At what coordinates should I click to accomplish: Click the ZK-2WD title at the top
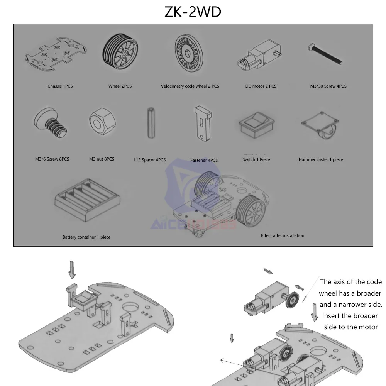coord(193,12)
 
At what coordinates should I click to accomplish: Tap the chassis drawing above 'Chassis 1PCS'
coord(56,54)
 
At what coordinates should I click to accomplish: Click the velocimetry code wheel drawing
coord(189,53)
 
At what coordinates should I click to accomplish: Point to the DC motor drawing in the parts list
coord(259,55)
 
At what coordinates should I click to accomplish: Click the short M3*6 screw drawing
coord(51,122)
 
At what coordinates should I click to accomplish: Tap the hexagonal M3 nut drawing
coord(102,121)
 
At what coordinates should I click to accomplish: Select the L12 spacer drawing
coord(151,123)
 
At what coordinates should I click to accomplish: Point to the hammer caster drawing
coord(320,124)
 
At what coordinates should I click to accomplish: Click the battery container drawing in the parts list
coord(87,200)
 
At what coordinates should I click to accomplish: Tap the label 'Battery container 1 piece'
coord(86,237)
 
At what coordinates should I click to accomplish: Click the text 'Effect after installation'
coord(283,235)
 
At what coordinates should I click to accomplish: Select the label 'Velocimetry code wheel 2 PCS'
coord(190,86)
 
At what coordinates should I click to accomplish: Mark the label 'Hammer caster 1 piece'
coord(321,159)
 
